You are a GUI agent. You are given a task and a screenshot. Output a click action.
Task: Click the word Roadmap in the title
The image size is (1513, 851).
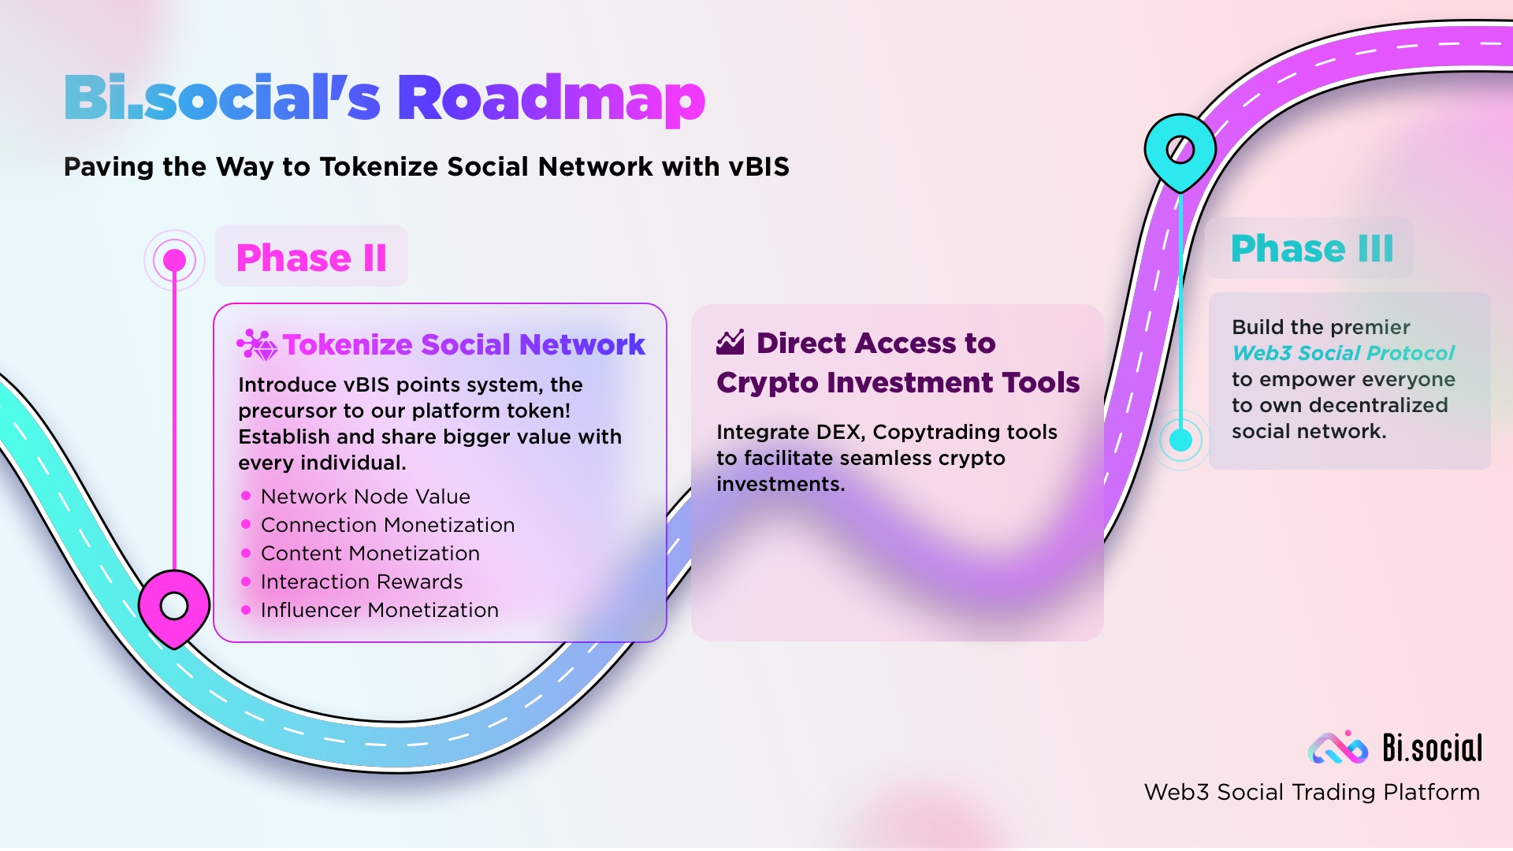(551, 99)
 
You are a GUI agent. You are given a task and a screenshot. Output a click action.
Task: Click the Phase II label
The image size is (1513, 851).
(311, 258)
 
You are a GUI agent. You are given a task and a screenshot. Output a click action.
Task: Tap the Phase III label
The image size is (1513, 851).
(1312, 248)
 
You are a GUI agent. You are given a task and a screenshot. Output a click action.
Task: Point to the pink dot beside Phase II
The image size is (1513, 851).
(174, 260)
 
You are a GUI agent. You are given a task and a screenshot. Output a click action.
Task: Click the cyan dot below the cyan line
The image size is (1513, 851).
(1180, 440)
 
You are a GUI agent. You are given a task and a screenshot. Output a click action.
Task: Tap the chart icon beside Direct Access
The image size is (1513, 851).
(730, 342)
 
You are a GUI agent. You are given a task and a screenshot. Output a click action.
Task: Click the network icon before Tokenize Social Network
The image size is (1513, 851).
(257, 345)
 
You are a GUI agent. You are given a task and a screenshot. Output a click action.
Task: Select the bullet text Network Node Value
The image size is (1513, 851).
(366, 496)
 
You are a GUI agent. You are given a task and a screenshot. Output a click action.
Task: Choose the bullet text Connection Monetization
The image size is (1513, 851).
(388, 525)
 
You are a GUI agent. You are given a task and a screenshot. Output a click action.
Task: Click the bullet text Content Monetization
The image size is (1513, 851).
(370, 553)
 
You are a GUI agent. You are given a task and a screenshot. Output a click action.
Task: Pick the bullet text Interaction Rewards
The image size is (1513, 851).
(362, 582)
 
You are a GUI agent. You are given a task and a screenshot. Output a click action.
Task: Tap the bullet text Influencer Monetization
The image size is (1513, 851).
(380, 610)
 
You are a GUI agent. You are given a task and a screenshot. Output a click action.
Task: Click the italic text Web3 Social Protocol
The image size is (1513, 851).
(1344, 353)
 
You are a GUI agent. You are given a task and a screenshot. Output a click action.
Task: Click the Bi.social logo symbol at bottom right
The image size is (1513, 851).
(1338, 748)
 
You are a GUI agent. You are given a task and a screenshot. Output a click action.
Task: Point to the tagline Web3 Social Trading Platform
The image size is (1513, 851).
(1312, 792)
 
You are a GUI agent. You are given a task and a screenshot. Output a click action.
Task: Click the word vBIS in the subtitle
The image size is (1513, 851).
(759, 167)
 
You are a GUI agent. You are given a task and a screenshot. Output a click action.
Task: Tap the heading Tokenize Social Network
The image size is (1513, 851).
(464, 344)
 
